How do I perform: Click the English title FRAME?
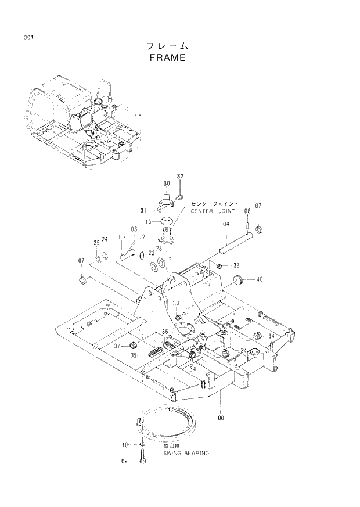[x=167, y=58]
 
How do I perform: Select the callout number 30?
[x=166, y=184]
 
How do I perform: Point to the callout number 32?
[x=180, y=176]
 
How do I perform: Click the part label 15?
[x=149, y=221]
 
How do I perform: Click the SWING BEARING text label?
[x=186, y=453]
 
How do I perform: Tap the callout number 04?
[x=225, y=224]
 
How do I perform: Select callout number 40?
[x=259, y=279]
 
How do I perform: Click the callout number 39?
[x=236, y=265]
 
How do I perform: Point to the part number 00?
[x=220, y=416]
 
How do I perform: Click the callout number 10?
[x=124, y=445]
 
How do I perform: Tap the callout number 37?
[x=117, y=346]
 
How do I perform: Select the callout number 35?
[x=133, y=355]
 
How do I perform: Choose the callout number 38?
[x=175, y=303]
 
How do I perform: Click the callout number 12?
[x=142, y=238]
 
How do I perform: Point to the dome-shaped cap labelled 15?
[x=167, y=221]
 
